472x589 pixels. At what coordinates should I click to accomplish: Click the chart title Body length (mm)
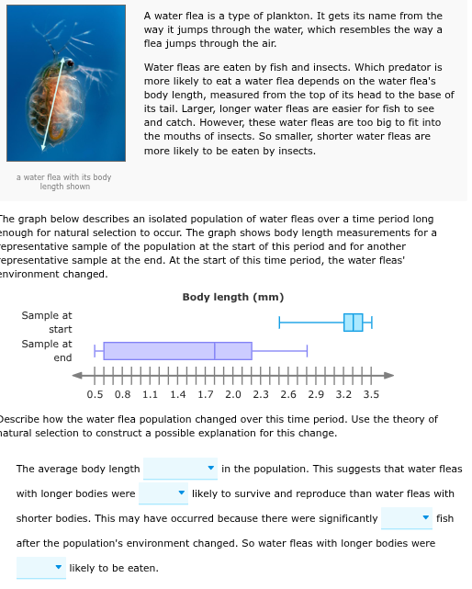[x=232, y=297]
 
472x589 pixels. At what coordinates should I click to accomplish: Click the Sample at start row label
[x=47, y=323]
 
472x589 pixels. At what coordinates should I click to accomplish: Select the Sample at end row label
[x=47, y=350]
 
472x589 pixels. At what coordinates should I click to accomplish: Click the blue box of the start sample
[x=354, y=323]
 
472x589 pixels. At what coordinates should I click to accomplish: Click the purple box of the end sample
[x=177, y=350]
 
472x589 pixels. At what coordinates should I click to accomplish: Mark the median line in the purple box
[x=215, y=350]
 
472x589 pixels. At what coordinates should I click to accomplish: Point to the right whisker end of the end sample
[x=307, y=350]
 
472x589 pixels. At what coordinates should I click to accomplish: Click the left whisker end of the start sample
[x=280, y=323]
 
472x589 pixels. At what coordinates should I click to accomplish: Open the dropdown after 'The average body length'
[x=181, y=469]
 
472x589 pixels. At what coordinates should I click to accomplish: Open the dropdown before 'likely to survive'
[x=163, y=493]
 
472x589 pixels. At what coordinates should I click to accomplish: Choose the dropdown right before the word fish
[x=407, y=518]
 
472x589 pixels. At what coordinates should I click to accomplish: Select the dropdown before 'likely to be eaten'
[x=41, y=568]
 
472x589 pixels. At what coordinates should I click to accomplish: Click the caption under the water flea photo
[x=64, y=182]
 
